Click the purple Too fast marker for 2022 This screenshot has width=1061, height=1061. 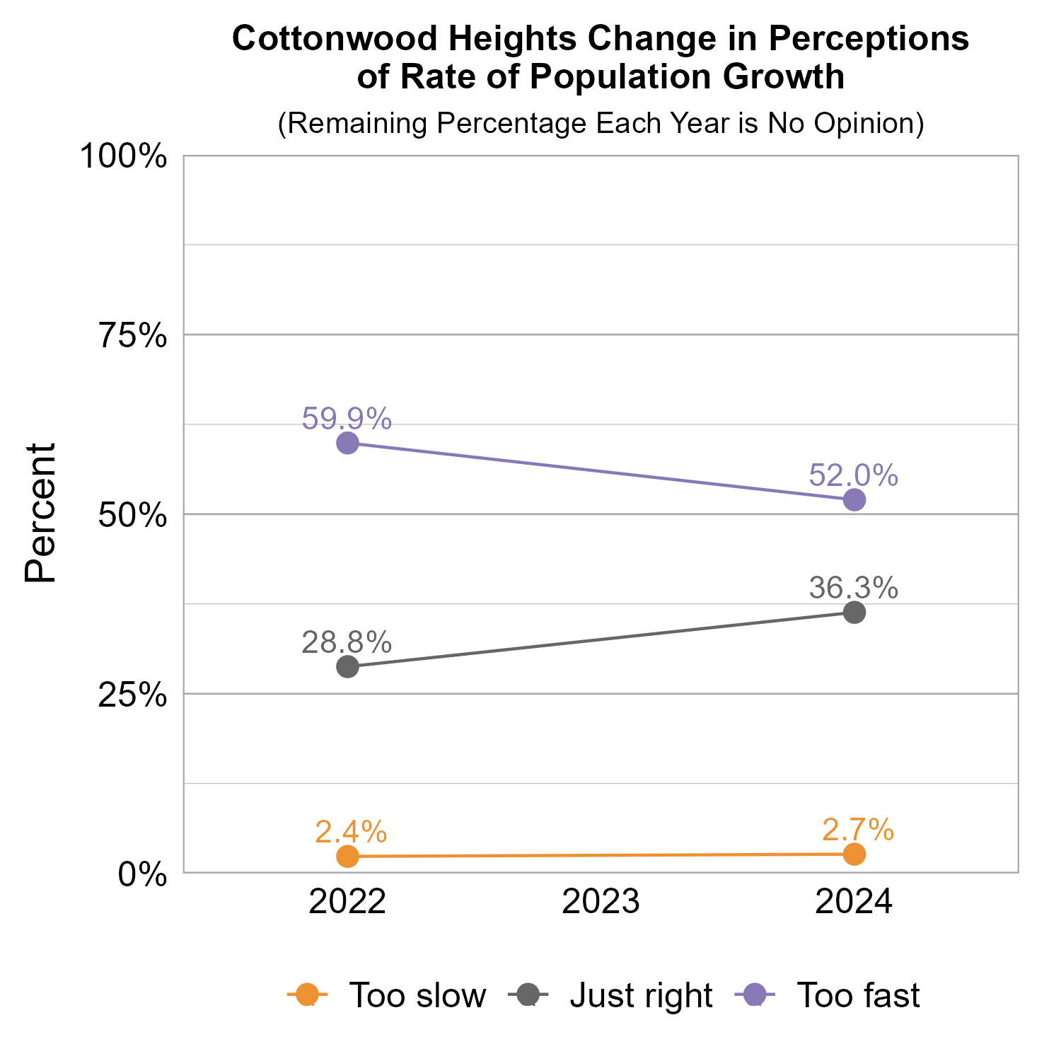click(347, 443)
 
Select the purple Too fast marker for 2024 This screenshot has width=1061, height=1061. click(854, 500)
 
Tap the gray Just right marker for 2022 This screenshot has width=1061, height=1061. click(347, 666)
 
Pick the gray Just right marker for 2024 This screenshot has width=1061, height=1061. click(854, 613)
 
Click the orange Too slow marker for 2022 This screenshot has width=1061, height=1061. click(347, 857)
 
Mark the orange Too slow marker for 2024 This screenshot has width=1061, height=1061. click(854, 854)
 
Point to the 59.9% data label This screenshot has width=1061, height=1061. click(347, 419)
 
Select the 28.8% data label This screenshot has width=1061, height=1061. click(347, 642)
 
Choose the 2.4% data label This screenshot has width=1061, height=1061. click(351, 832)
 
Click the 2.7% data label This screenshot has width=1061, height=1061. click(858, 830)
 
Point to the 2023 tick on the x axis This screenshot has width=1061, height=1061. click(601, 903)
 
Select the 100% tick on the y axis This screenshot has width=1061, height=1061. click(123, 156)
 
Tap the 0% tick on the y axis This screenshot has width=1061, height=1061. click(142, 875)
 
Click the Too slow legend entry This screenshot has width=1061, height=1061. click(417, 995)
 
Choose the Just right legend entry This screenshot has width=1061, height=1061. click(641, 995)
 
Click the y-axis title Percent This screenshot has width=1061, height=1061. click(40, 514)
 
